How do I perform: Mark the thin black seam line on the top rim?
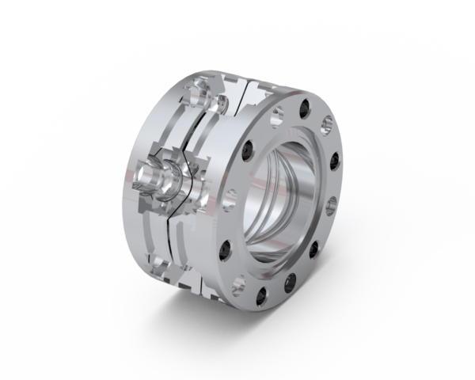(x=246, y=82)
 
